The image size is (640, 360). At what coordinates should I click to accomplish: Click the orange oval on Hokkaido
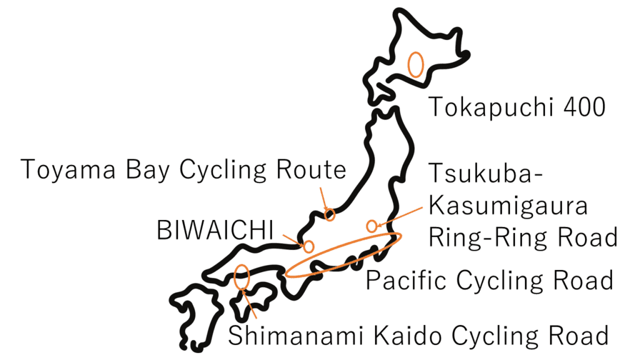[416, 64]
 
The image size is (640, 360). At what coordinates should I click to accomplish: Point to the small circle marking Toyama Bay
[330, 215]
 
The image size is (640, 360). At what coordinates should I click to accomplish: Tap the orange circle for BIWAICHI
[308, 246]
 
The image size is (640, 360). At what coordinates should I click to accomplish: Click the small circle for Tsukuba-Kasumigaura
[372, 226]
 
